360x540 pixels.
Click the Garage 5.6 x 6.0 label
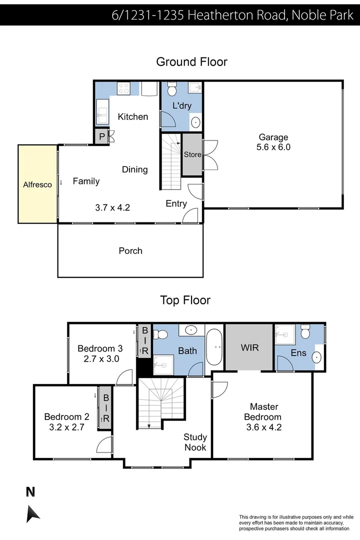coord(273,142)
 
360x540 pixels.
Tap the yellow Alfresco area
coord(37,184)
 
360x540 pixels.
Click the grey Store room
coord(192,154)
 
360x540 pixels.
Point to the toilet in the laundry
coord(171,90)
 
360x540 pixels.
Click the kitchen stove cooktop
coord(123,88)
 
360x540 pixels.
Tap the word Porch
coord(130,250)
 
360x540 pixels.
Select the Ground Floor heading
coord(191,62)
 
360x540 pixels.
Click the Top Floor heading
coord(185,300)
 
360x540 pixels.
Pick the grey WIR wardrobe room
coord(249,347)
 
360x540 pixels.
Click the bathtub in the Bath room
coord(216,345)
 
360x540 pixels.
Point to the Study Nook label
coord(195,442)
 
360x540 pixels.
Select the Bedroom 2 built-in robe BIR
coord(106,408)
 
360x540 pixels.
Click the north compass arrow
coord(32,513)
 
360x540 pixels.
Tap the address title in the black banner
coord(232,15)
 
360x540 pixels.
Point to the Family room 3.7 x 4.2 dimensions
coord(112,207)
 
